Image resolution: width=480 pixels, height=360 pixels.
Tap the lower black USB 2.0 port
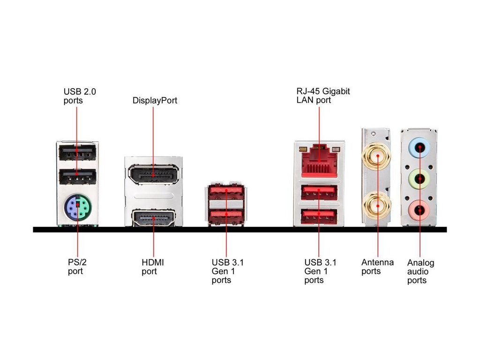[x=77, y=177]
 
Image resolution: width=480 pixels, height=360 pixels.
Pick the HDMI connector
[x=153, y=218]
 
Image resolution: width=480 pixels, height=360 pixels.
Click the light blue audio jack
[x=420, y=148]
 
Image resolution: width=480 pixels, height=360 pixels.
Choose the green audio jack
[x=420, y=179]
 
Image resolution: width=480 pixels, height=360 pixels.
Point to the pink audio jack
[x=420, y=210]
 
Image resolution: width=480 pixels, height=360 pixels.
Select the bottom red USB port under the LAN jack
[x=319, y=215]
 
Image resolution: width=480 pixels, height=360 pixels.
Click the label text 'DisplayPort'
[x=155, y=100]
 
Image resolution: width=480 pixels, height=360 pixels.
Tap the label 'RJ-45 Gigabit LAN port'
[x=323, y=96]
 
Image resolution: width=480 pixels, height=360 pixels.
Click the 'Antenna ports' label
[x=377, y=267]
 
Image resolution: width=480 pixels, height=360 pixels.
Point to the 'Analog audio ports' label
[x=420, y=271]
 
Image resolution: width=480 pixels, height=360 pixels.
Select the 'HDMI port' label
[x=153, y=267]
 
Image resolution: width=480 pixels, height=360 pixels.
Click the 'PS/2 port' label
[x=77, y=267]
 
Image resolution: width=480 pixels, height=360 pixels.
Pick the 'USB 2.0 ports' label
[x=80, y=96]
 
